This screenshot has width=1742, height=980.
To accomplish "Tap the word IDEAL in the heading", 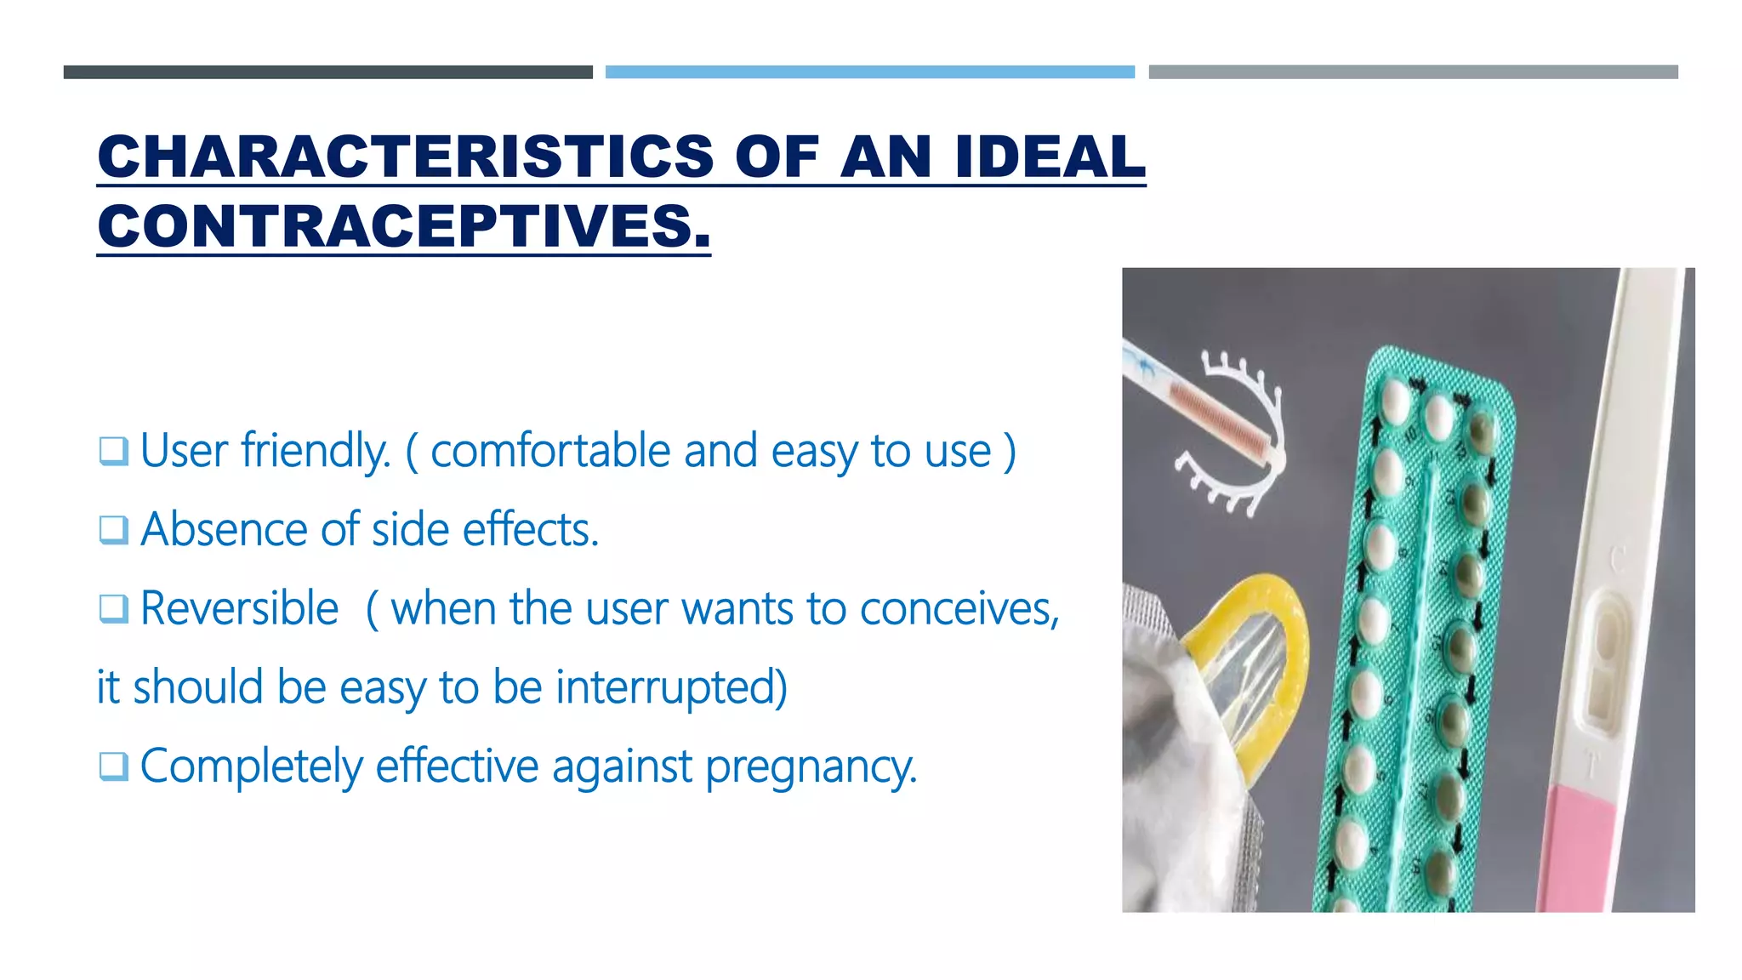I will [1050, 157].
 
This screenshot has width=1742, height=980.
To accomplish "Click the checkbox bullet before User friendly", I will [113, 451].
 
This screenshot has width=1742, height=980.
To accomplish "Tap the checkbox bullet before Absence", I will [113, 530].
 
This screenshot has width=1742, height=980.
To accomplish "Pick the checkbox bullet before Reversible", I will [113, 609].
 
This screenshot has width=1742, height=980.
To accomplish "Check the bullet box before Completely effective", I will [113, 766].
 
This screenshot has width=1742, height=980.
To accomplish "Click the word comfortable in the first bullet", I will [550, 451].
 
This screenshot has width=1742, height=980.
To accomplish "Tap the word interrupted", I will [672, 687].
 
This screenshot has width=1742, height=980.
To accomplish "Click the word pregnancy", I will [811, 766].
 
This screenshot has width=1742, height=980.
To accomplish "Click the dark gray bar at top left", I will [327, 72].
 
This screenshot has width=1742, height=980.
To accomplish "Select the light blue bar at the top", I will [869, 72].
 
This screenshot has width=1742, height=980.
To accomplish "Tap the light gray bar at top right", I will [1413, 72].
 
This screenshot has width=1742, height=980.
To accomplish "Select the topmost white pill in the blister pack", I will [1395, 400].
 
